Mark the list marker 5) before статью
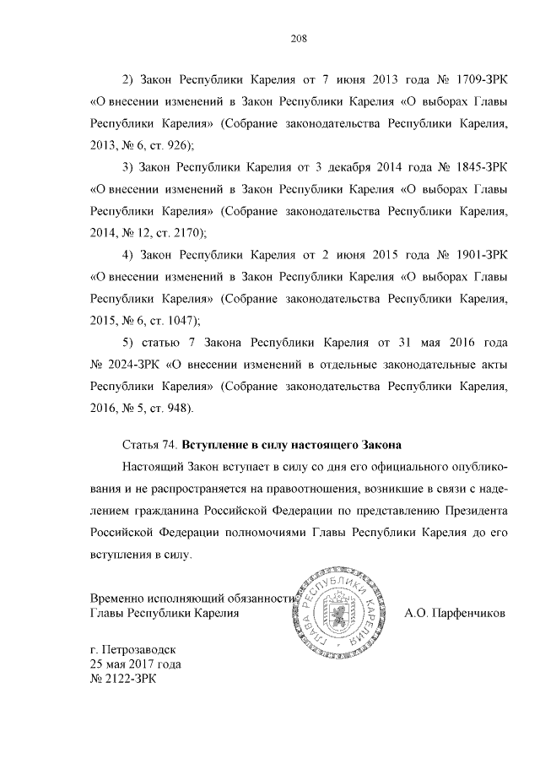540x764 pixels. [x=128, y=343]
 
